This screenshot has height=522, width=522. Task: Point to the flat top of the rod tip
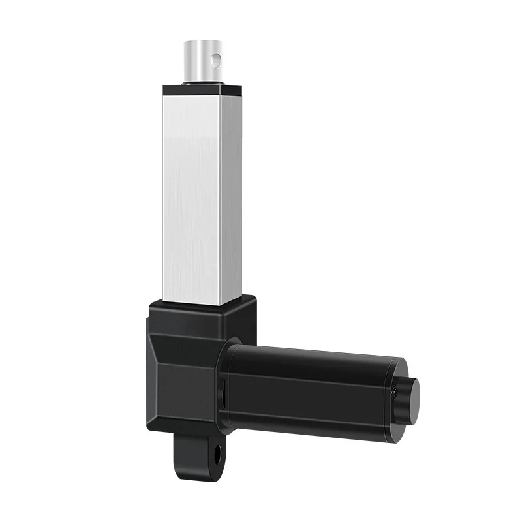[x=202, y=44]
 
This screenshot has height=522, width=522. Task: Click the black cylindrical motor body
[x=313, y=391]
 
